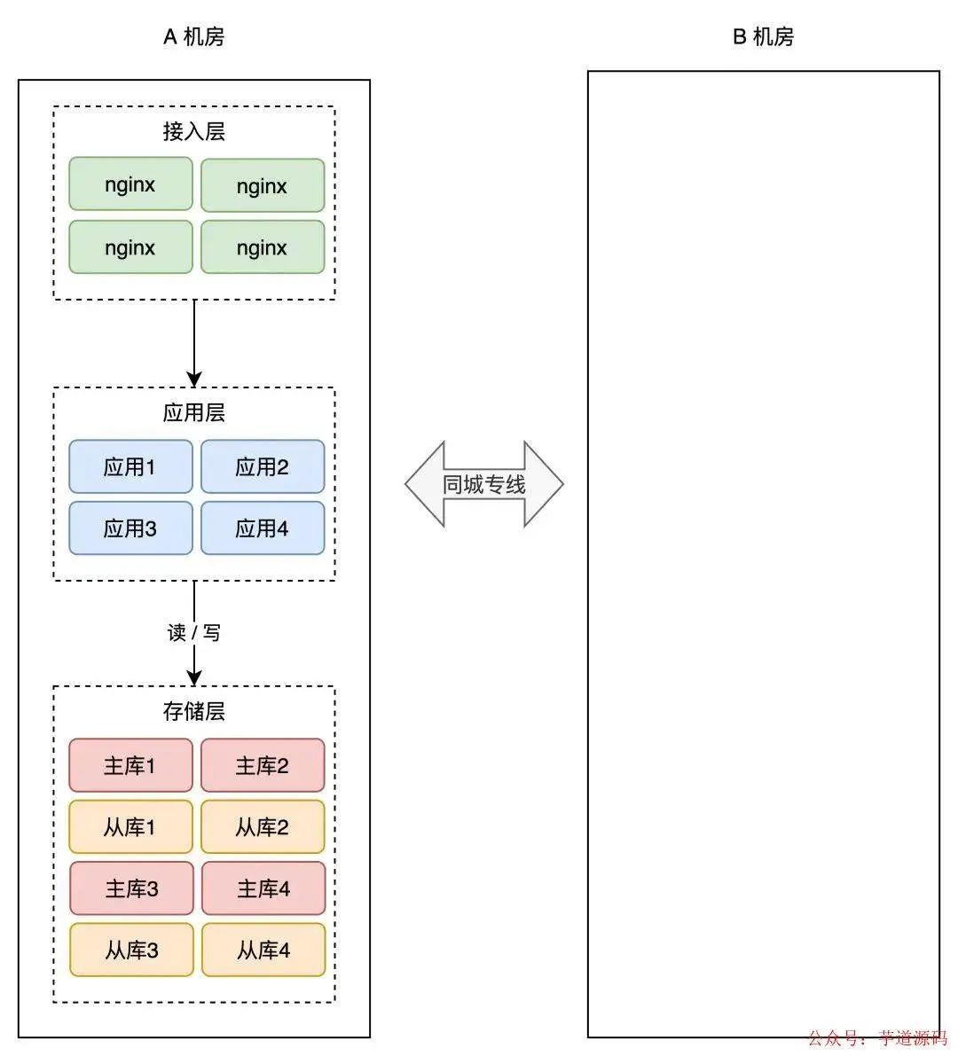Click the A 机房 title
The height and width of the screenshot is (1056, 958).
point(193,36)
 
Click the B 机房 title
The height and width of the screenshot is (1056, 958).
point(763,36)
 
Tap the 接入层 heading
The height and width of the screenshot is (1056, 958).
point(193,131)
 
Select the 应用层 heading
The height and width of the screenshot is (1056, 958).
point(193,412)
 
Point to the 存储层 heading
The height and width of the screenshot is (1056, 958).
point(193,711)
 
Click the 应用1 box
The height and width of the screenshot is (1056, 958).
point(130,466)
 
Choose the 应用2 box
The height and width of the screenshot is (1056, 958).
point(262,466)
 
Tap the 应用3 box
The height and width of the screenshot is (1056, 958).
point(130,528)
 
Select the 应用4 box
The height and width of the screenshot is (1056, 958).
point(262,528)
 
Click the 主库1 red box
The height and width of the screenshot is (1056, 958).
point(130,765)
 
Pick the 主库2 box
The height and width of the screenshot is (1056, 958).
point(262,765)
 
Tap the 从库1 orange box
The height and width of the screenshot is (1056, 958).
point(130,826)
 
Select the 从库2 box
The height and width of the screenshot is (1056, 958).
point(262,826)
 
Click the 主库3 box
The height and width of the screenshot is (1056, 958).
point(131,888)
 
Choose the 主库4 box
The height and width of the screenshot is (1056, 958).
point(263,888)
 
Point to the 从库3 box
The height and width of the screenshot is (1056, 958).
point(131,950)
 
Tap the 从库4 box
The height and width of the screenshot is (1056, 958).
point(263,950)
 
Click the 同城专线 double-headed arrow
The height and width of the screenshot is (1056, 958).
point(484,484)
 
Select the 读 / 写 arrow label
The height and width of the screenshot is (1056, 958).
point(193,632)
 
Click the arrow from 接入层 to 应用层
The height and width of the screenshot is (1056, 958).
point(194,341)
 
